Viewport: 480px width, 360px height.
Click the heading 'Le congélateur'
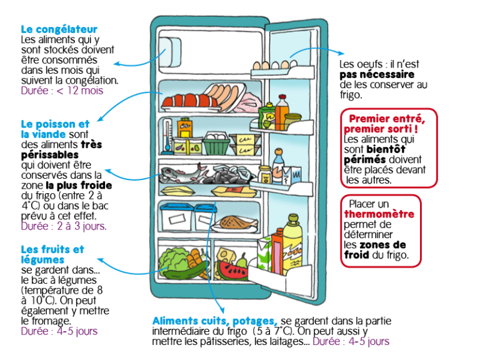coord(59,29)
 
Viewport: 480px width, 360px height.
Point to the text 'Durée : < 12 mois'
coord(62,91)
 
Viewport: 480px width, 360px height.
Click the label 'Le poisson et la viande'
coord(55,129)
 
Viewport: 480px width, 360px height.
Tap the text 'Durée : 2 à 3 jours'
coord(63,226)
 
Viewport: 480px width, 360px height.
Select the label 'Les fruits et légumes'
coord(52,254)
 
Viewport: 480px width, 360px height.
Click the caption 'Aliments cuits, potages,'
coord(214,321)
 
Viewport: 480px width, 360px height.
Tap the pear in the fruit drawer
coord(240,257)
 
